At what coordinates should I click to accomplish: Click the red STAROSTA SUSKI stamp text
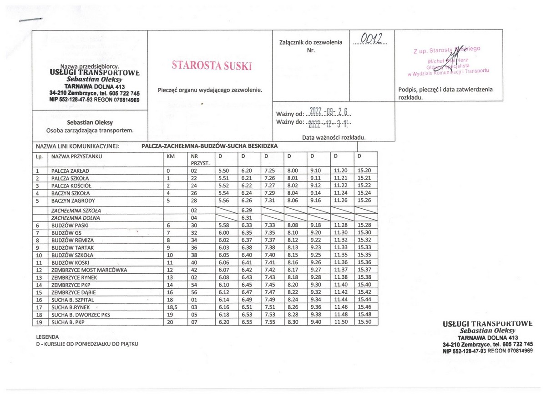(x=212, y=65)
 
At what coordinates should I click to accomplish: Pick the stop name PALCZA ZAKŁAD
(x=70, y=170)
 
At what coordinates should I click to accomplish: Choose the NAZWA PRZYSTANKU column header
(x=77, y=156)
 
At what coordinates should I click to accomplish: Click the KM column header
(x=171, y=156)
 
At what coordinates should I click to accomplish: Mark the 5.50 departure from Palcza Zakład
(x=223, y=170)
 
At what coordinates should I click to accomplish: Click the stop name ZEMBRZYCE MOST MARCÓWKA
(x=89, y=270)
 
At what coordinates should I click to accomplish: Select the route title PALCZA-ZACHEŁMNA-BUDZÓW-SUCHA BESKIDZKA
(x=209, y=146)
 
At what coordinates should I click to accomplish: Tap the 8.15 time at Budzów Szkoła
(x=293, y=255)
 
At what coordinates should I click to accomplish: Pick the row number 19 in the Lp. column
(x=39, y=322)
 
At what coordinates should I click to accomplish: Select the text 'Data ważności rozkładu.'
(x=334, y=137)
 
